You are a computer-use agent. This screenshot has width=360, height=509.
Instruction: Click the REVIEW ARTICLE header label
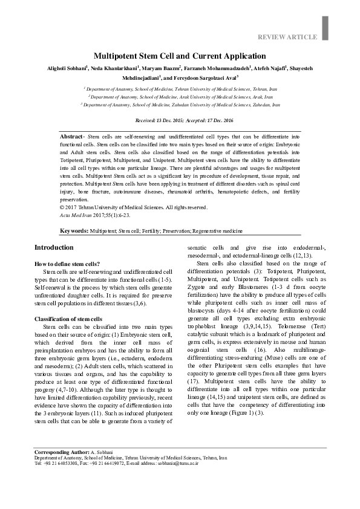click(x=287, y=37)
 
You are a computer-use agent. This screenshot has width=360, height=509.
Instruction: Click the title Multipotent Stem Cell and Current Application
click(x=180, y=54)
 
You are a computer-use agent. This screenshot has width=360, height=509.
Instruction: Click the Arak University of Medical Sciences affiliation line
click(x=180, y=96)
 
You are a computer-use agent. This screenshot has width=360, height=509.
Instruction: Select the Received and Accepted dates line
click(x=180, y=121)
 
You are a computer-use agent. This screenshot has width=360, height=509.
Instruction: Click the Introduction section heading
click(x=54, y=248)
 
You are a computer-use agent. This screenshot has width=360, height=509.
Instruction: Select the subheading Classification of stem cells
click(x=68, y=319)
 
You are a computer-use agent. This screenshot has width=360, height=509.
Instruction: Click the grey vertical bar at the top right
click(x=325, y=25)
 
